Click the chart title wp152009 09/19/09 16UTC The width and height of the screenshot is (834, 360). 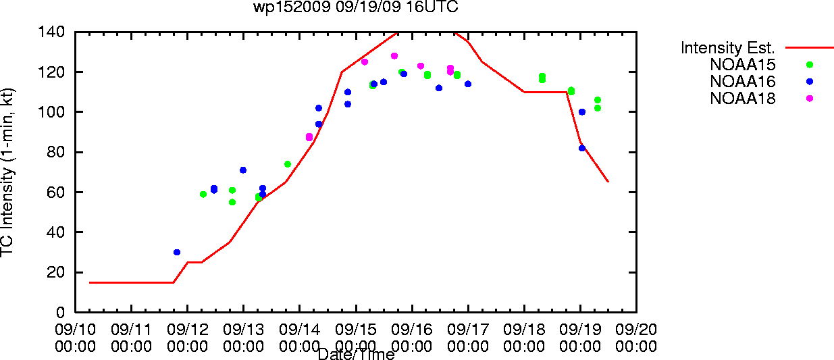pyautogui.click(x=356, y=7)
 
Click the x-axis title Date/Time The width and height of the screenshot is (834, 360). pyautogui.click(x=357, y=354)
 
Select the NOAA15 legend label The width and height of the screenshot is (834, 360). pyautogui.click(x=742, y=65)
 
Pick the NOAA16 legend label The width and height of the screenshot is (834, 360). pyautogui.click(x=742, y=82)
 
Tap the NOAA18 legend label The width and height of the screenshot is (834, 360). pyautogui.click(x=742, y=99)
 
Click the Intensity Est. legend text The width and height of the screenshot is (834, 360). pyautogui.click(x=727, y=48)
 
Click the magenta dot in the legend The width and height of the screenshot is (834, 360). pyautogui.click(x=810, y=99)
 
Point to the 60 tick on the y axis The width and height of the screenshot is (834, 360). pyautogui.click(x=56, y=192)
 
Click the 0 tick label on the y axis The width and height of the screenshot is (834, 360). pyautogui.click(x=60, y=312)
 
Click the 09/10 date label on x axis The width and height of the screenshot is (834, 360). pyautogui.click(x=75, y=330)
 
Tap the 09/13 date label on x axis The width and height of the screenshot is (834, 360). pyautogui.click(x=244, y=330)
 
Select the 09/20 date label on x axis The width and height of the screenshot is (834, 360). pyautogui.click(x=636, y=330)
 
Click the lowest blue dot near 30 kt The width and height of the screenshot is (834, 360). pyautogui.click(x=177, y=253)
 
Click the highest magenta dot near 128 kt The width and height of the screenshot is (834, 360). pyautogui.click(x=394, y=56)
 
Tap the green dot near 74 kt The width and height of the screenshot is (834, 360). pyautogui.click(x=288, y=164)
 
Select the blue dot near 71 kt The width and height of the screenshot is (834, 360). pyautogui.click(x=243, y=170)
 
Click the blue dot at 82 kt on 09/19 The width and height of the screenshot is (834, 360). pyautogui.click(x=582, y=148)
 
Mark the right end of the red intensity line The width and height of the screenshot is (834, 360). pyautogui.click(x=608, y=182)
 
